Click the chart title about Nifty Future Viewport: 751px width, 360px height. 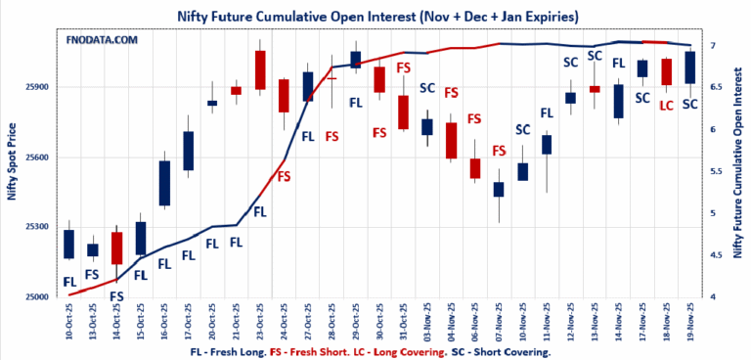376,17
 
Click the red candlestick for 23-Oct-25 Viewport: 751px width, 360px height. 260,70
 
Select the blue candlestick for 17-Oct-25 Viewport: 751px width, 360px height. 189,151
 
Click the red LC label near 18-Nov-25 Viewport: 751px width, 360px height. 667,105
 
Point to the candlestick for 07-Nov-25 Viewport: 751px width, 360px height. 499,189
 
